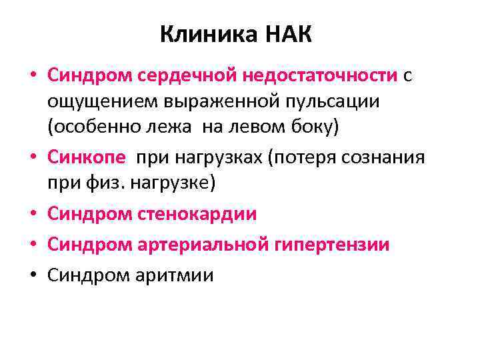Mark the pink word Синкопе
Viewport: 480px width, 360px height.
87,157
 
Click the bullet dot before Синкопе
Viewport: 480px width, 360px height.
33,158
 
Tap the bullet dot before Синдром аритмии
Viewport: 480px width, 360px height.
33,275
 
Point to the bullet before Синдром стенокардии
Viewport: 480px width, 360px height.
33,214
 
